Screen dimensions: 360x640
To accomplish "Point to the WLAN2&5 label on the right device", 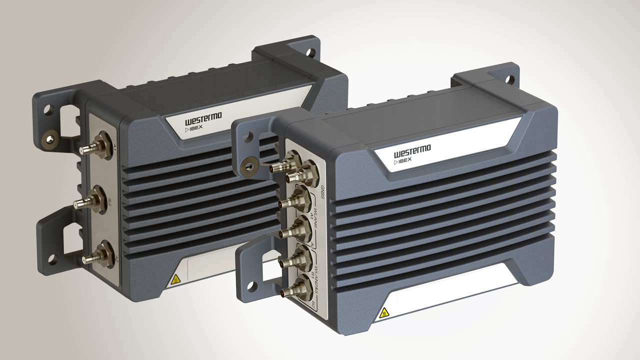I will pos(316,280).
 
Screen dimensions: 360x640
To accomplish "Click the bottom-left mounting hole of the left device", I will pos(51,259).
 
